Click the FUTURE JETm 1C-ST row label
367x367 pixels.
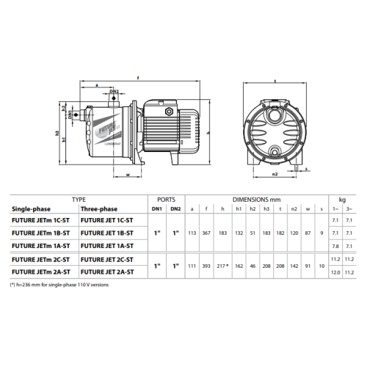point(40,220)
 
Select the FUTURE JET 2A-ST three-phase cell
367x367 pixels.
point(107,272)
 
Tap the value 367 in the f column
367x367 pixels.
point(206,233)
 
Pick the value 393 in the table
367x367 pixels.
point(206,266)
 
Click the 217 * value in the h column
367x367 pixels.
point(222,266)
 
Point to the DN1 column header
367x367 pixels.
point(157,209)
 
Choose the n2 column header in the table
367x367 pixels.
point(294,209)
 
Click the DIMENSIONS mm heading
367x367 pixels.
point(256,200)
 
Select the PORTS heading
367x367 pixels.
point(167,200)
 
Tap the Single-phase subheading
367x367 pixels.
point(31,209)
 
